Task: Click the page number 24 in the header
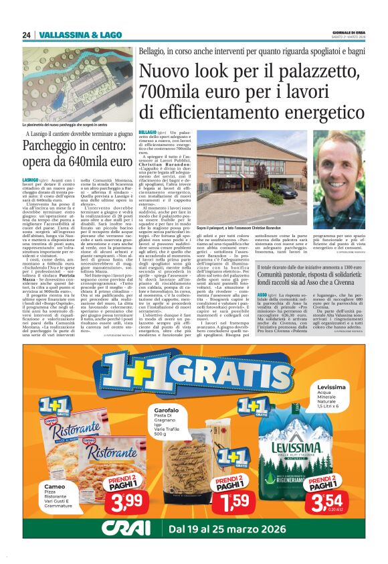point(26,35)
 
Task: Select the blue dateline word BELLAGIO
point(148,134)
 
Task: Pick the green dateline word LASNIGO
point(31,180)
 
